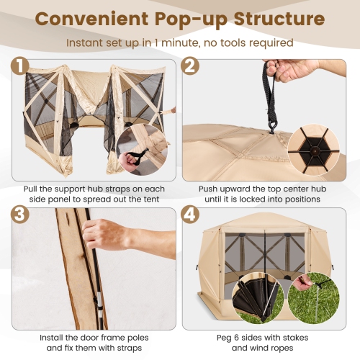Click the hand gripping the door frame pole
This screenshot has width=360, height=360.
coord(108,235)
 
